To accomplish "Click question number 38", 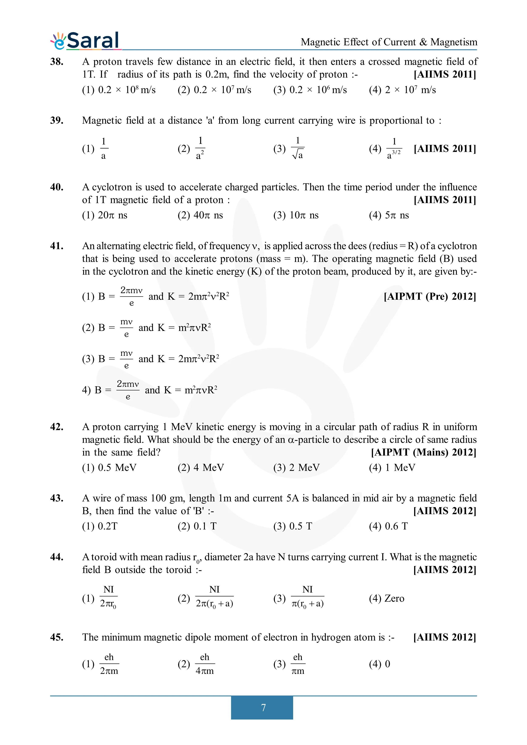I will coord(57,62).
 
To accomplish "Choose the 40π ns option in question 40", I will coord(200,215).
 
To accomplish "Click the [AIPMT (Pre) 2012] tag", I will coord(430,296).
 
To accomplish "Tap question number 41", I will coord(57,246).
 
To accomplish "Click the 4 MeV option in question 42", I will coord(201,468).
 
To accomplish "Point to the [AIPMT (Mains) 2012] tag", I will coord(423,452).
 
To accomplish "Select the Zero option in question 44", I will coord(387,598).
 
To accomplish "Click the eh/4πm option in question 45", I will coord(196,664).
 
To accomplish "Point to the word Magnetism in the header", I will coord(454,42).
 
